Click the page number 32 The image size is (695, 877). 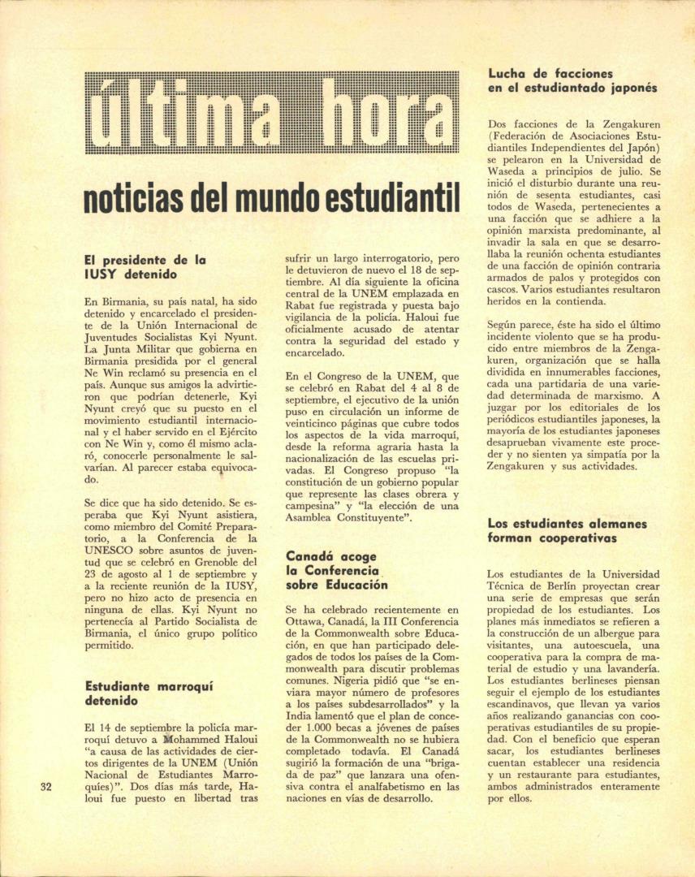coord(45,786)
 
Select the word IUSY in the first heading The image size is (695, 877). coord(101,274)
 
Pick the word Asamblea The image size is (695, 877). coord(314,517)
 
